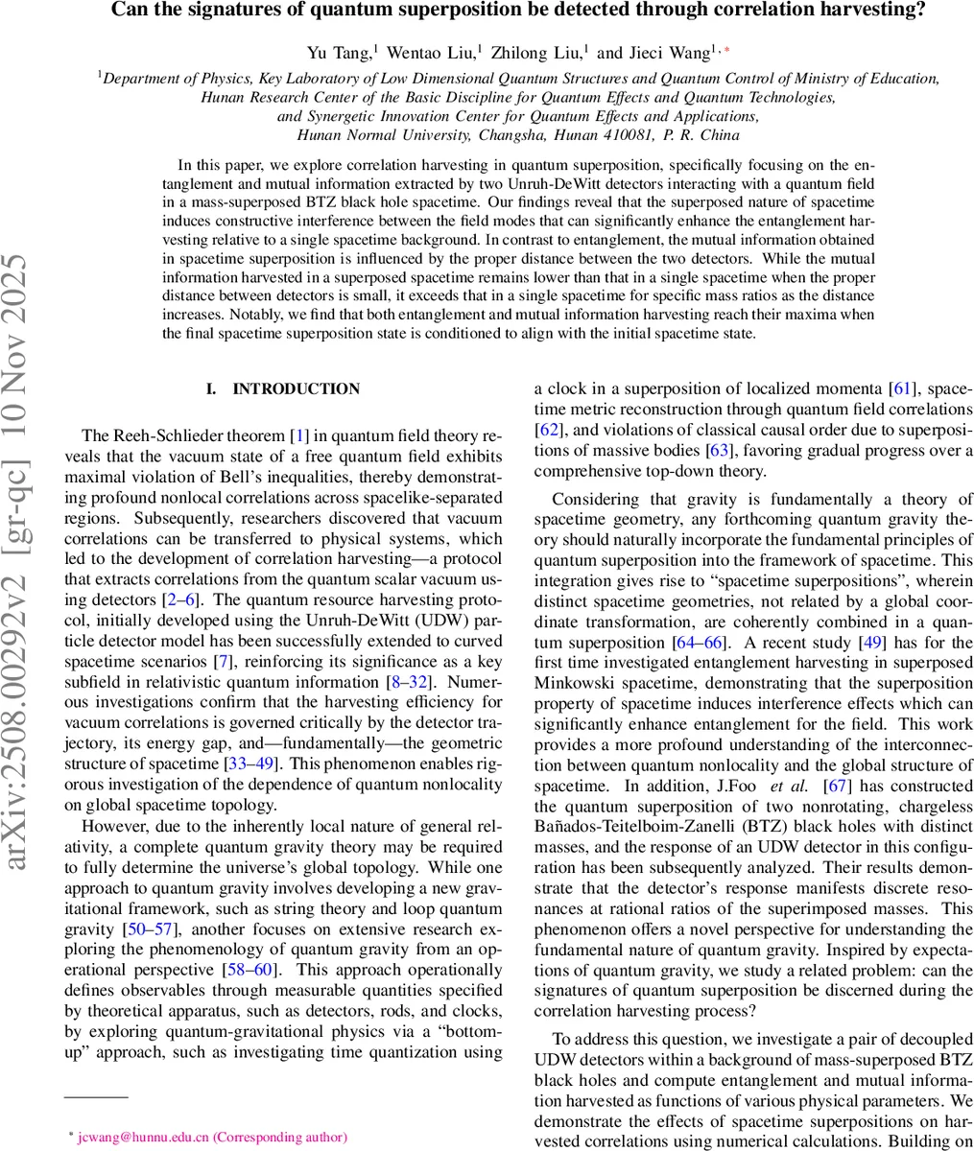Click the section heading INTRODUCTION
click(x=297, y=388)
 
